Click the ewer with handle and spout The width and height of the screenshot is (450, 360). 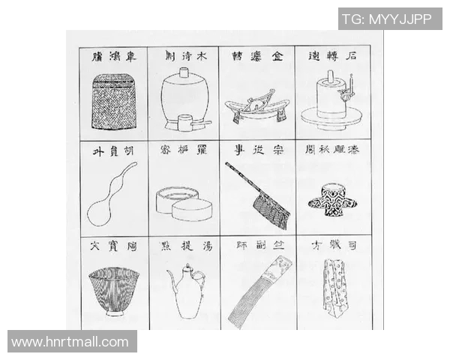click(184, 292)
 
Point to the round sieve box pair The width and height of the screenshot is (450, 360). click(184, 203)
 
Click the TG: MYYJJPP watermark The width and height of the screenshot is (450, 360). click(390, 19)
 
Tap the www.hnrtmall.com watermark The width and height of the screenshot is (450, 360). click(71, 342)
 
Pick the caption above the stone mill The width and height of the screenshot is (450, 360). click(332, 57)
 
